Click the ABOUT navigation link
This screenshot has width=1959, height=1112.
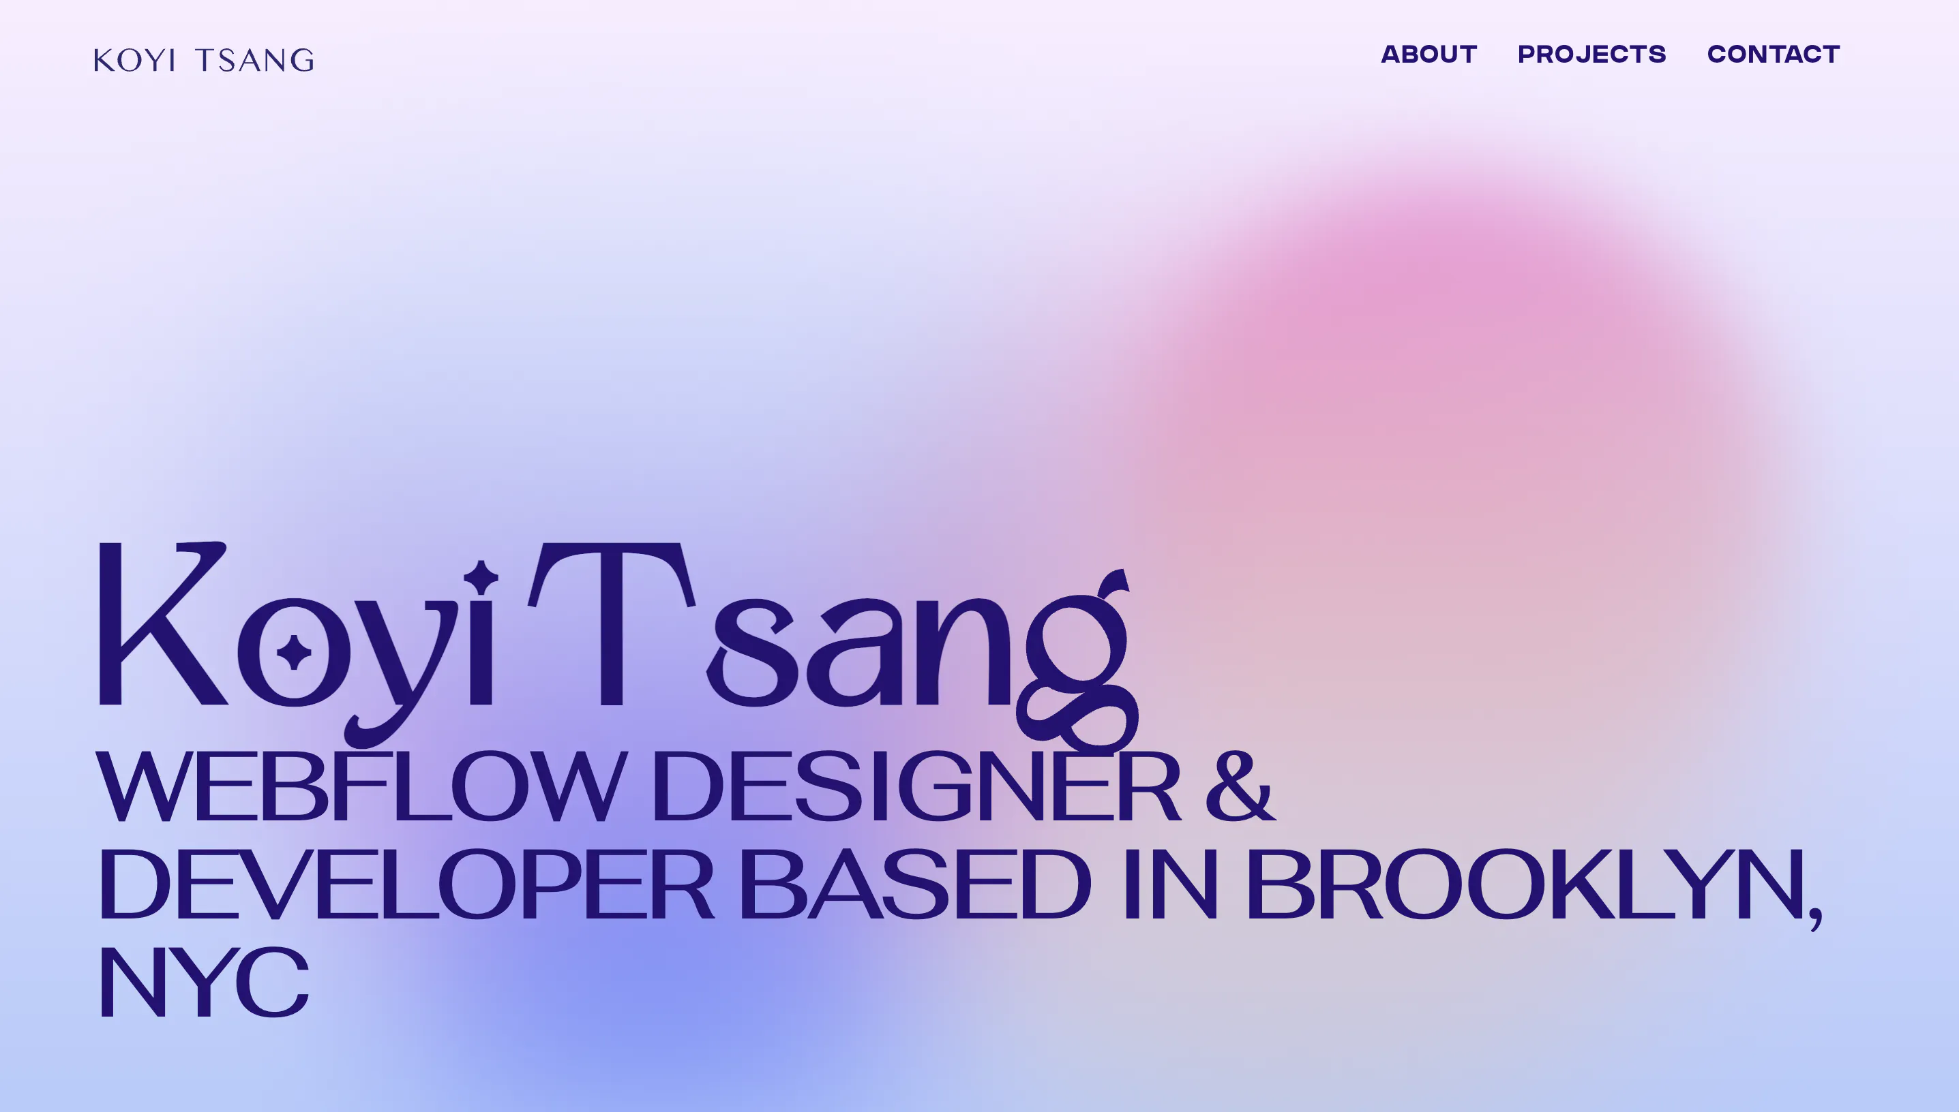coord(1429,55)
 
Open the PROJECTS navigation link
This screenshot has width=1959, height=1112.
coord(1591,55)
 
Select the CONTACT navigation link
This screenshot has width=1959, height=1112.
coord(1774,55)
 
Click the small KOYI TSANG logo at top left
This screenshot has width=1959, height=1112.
coord(204,59)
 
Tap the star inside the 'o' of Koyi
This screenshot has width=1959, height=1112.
coord(294,652)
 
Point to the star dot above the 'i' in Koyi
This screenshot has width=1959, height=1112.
coord(481,577)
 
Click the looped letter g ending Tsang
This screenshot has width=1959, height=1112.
coord(1077,664)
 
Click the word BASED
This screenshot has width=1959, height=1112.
coord(914,884)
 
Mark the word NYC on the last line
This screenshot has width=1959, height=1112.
coord(203,981)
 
